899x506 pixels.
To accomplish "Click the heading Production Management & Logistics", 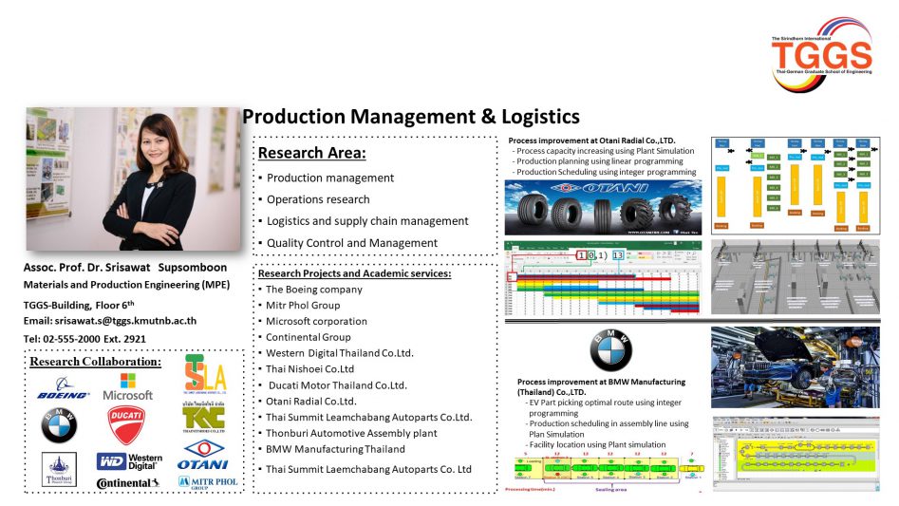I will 410,117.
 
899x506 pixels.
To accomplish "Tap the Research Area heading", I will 311,153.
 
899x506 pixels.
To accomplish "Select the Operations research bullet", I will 318,199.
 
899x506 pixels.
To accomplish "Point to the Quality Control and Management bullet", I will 352,243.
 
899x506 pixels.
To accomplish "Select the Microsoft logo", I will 128,386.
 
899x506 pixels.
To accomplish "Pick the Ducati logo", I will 126,425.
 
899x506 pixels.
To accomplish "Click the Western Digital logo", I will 129,461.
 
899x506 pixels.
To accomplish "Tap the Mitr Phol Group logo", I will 203,481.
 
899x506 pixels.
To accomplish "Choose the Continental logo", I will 127,483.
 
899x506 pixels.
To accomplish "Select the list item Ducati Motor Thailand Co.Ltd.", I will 337,385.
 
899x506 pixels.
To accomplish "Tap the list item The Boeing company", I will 313,289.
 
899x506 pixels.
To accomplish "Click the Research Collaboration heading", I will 95,362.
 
